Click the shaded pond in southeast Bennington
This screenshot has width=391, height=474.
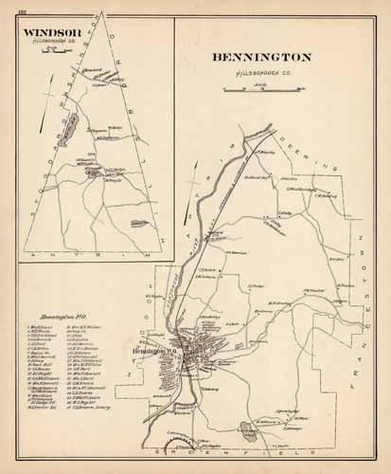(249, 404)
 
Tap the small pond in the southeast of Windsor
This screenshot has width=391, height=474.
(135, 225)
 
